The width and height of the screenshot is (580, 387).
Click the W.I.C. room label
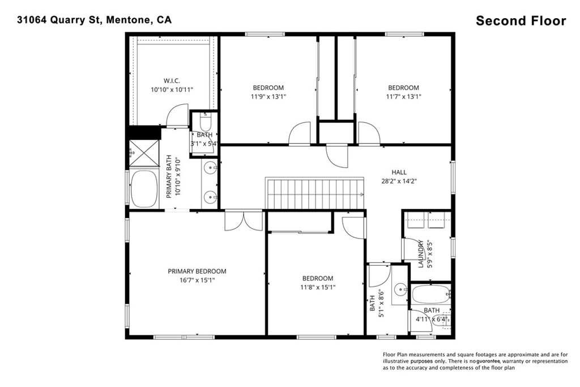[x=172, y=80]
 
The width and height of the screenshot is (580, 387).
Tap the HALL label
[x=399, y=172]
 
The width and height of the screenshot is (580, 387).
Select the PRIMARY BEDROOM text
[x=197, y=271]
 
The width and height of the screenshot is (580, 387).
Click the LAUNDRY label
[x=421, y=254]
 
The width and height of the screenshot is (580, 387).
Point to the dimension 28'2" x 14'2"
[x=399, y=181]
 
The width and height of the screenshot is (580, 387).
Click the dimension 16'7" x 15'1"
[x=197, y=280]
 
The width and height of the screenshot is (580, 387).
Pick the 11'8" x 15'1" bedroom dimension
[x=318, y=287]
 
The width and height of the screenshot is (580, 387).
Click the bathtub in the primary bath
[x=144, y=189]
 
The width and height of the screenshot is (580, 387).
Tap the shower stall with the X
[x=144, y=153]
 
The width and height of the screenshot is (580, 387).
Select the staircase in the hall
[x=315, y=194]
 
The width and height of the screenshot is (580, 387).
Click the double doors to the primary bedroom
[x=244, y=220]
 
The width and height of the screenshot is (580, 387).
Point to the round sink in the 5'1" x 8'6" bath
[x=400, y=290]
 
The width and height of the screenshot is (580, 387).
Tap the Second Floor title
[x=521, y=21]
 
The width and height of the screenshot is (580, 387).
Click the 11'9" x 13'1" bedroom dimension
[x=268, y=96]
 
